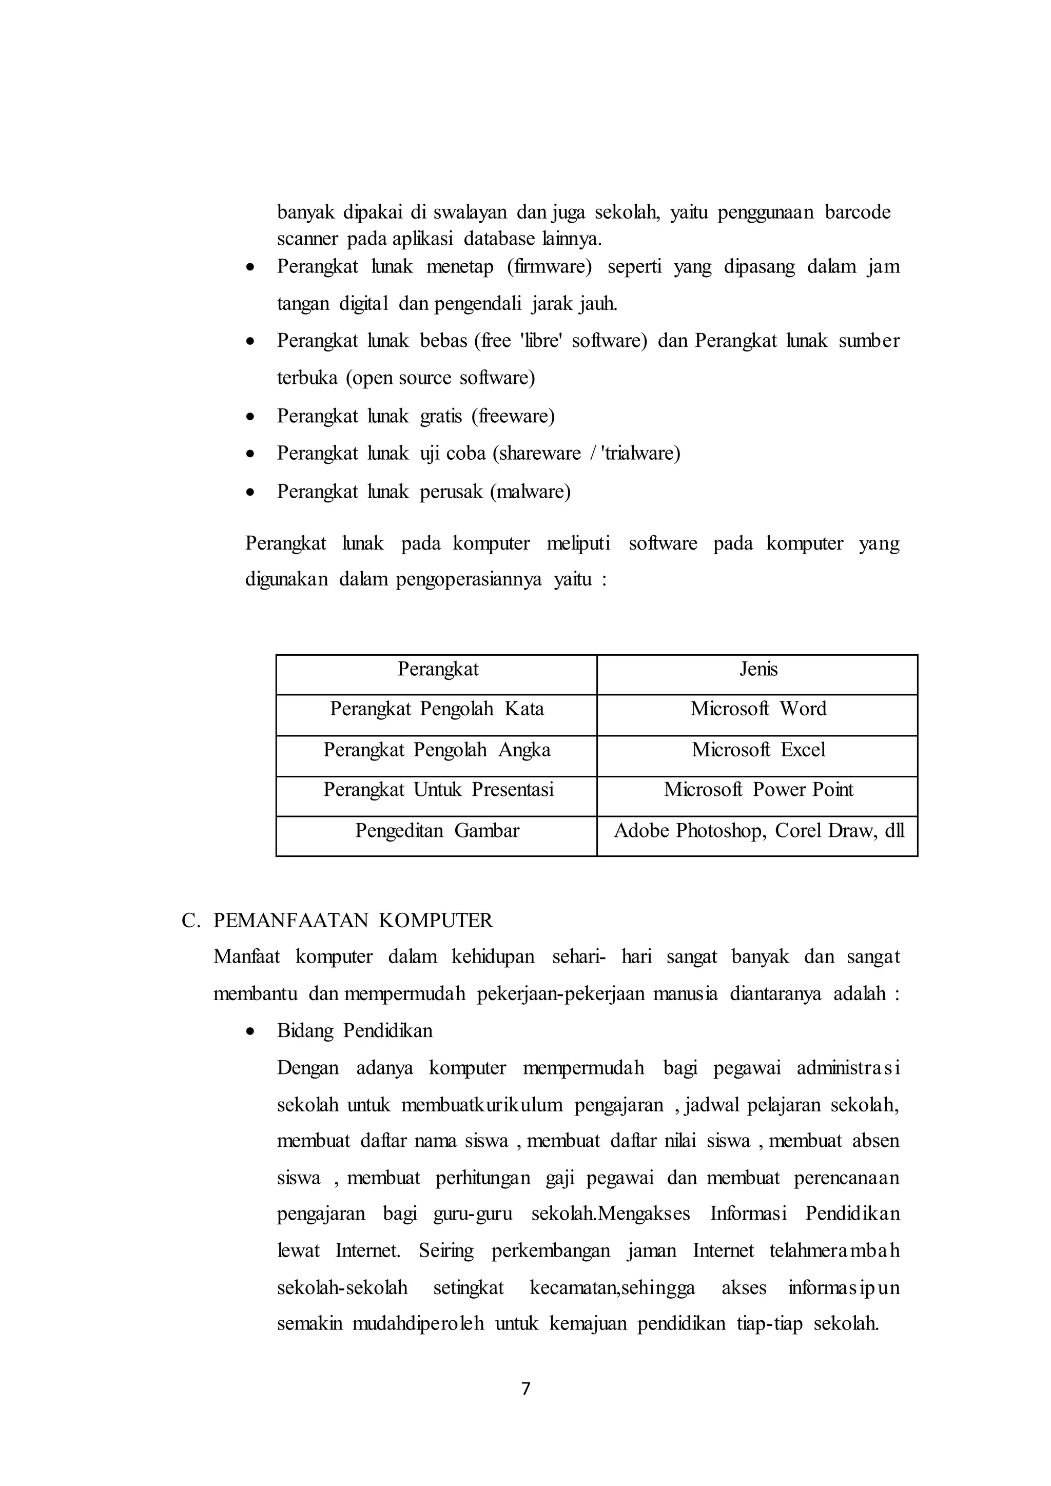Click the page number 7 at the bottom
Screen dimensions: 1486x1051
pyautogui.click(x=525, y=1389)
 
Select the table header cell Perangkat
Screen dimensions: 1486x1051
pyautogui.click(x=437, y=669)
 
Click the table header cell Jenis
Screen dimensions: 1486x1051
pyautogui.click(x=758, y=669)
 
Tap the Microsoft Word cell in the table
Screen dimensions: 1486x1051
pyautogui.click(x=758, y=709)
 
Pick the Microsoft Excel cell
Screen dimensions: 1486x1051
pyautogui.click(x=758, y=750)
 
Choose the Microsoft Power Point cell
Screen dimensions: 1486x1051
pyautogui.click(x=758, y=790)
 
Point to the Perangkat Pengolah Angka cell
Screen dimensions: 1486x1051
pyautogui.click(x=437, y=750)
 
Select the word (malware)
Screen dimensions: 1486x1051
pyautogui.click(x=530, y=492)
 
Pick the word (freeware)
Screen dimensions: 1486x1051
pyautogui.click(x=513, y=416)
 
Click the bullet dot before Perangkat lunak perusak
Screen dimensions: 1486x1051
pyautogui.click(x=250, y=493)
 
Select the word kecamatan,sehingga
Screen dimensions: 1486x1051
pyautogui.click(x=612, y=1288)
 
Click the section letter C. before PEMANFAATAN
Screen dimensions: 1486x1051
pyautogui.click(x=190, y=921)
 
